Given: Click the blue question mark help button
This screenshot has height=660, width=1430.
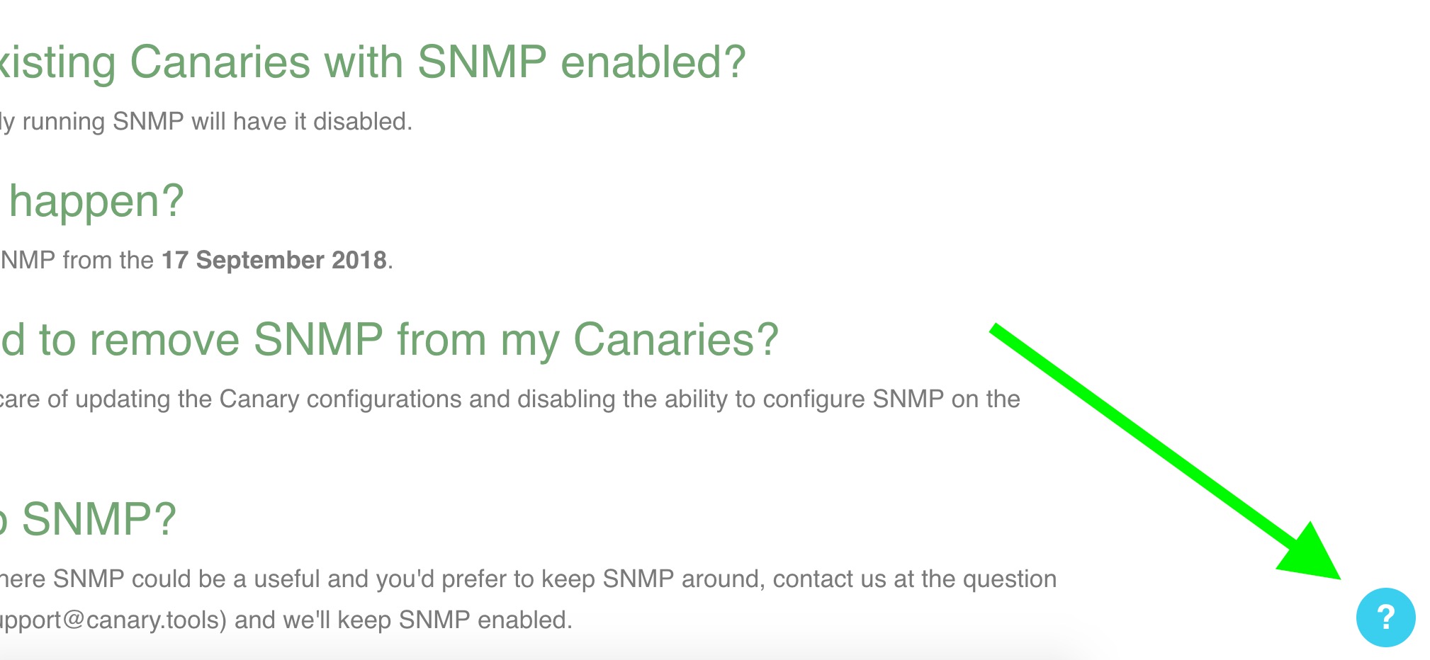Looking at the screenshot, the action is pyautogui.click(x=1385, y=618).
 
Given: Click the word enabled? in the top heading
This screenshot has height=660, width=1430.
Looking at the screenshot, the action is pyautogui.click(x=653, y=62).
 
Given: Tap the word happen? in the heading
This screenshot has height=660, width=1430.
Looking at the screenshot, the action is pyautogui.click(x=96, y=201).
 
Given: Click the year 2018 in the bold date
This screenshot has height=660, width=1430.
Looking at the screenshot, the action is pyautogui.click(x=359, y=260).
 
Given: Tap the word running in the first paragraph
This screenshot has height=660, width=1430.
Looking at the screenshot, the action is pyautogui.click(x=64, y=122).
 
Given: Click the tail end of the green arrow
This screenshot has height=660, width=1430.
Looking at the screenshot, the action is pyautogui.click(x=993, y=329).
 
